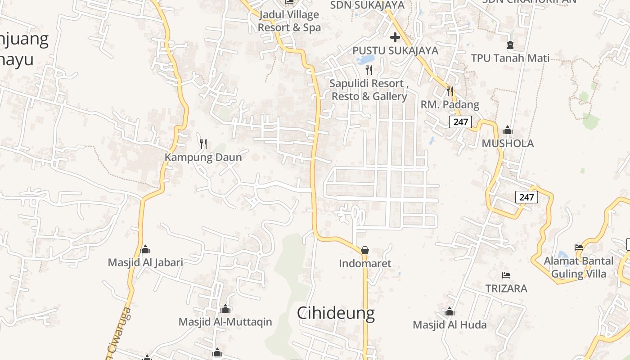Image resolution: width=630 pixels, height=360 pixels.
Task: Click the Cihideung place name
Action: click(x=336, y=313)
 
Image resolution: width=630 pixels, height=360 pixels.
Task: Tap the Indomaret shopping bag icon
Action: click(x=365, y=250)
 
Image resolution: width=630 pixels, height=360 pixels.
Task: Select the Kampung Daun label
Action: click(x=203, y=157)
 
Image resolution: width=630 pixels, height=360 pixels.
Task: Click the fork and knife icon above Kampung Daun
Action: click(x=203, y=144)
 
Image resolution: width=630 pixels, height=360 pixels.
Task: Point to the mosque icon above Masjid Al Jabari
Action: click(x=145, y=249)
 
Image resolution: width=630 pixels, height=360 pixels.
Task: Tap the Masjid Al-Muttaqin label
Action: click(x=225, y=322)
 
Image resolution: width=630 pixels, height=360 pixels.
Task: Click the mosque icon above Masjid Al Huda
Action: click(x=450, y=311)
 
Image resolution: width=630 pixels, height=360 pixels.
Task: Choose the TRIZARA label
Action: click(x=506, y=288)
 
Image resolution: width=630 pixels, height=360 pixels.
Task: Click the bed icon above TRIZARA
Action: click(x=506, y=275)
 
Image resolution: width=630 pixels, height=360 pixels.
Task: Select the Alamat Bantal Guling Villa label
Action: click(x=579, y=267)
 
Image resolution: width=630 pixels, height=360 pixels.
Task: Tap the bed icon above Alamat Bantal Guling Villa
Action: click(x=579, y=247)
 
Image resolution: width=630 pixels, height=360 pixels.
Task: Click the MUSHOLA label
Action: click(x=508, y=144)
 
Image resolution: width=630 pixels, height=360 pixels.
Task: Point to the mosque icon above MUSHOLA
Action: click(x=508, y=130)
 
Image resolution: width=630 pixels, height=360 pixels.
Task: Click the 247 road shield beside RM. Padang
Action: click(x=460, y=121)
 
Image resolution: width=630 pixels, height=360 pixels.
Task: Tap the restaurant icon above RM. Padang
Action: click(x=450, y=91)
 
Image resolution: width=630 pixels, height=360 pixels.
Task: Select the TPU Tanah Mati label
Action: click(x=510, y=58)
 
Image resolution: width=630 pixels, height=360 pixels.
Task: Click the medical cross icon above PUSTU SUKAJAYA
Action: click(x=395, y=37)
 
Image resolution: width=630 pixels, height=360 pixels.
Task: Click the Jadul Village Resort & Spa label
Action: click(x=289, y=21)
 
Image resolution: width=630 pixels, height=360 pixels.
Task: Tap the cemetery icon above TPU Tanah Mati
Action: click(x=510, y=45)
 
